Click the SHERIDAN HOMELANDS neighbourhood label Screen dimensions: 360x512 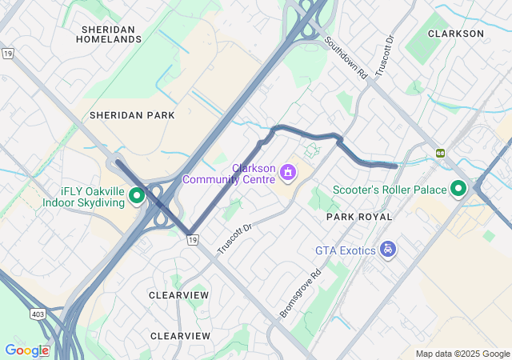pos(109,34)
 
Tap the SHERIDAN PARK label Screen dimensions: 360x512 pos(132,115)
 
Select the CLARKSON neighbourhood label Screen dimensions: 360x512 pos(456,34)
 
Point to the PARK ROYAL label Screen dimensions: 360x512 pos(359,217)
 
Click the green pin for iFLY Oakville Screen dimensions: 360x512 pos(137,194)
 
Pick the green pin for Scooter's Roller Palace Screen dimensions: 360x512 pos(458,189)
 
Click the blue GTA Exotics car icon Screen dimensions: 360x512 pos(388,250)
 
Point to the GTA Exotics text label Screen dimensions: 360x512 pos(345,250)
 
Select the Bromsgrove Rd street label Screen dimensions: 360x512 pos(300,294)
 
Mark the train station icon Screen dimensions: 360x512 pos(440,152)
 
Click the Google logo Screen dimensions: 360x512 pos(26,350)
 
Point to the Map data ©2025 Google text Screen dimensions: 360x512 pos(462,354)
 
